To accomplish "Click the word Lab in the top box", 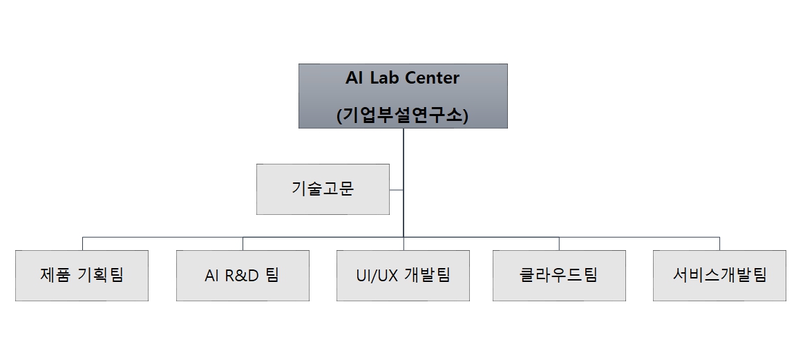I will pos(385,78).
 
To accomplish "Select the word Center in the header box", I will pos(432,78).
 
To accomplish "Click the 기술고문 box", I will pos(323,189).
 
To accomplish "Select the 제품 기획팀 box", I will pos(82,275).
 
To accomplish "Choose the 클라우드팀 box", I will pos(559,275).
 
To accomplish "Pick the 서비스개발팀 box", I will pos(719,275).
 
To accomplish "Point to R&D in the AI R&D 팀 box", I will pos(242,276).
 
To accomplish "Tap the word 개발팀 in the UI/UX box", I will pos(427,275).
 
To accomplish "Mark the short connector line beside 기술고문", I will pos(397,189).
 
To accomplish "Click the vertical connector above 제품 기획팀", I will pos(82,243).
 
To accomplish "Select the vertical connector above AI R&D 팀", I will pos(243,243).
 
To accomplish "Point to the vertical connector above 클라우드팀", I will pos(559,243).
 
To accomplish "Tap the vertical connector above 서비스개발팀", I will pos(719,243).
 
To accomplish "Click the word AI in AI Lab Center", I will pos(353,78).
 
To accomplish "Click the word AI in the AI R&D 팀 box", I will pos(212,276).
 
